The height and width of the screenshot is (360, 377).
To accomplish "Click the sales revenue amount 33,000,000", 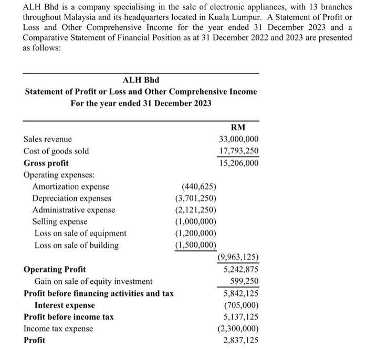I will [x=239, y=140].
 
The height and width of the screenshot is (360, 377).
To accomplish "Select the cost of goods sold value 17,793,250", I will [x=239, y=151].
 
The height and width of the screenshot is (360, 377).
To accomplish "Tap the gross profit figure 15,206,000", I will [x=239, y=163].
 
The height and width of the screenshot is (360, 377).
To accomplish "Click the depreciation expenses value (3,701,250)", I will [x=196, y=198].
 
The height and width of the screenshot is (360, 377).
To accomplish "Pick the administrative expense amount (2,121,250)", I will [x=196, y=210].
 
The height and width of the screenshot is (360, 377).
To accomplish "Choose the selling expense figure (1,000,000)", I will [x=196, y=222].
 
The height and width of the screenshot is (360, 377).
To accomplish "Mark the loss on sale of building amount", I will [x=196, y=245].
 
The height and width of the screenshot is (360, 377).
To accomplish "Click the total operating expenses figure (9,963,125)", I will [x=238, y=257].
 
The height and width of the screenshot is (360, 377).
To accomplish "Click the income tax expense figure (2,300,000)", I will [x=238, y=329].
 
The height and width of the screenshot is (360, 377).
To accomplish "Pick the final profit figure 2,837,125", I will [x=241, y=340].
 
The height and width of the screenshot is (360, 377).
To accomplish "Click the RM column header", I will [x=238, y=127].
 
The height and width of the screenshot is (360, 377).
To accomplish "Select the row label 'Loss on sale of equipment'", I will [x=80, y=234].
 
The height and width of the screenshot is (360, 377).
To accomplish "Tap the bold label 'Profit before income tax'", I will [x=69, y=317].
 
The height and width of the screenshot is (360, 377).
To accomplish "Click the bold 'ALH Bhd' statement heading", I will [x=141, y=80].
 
